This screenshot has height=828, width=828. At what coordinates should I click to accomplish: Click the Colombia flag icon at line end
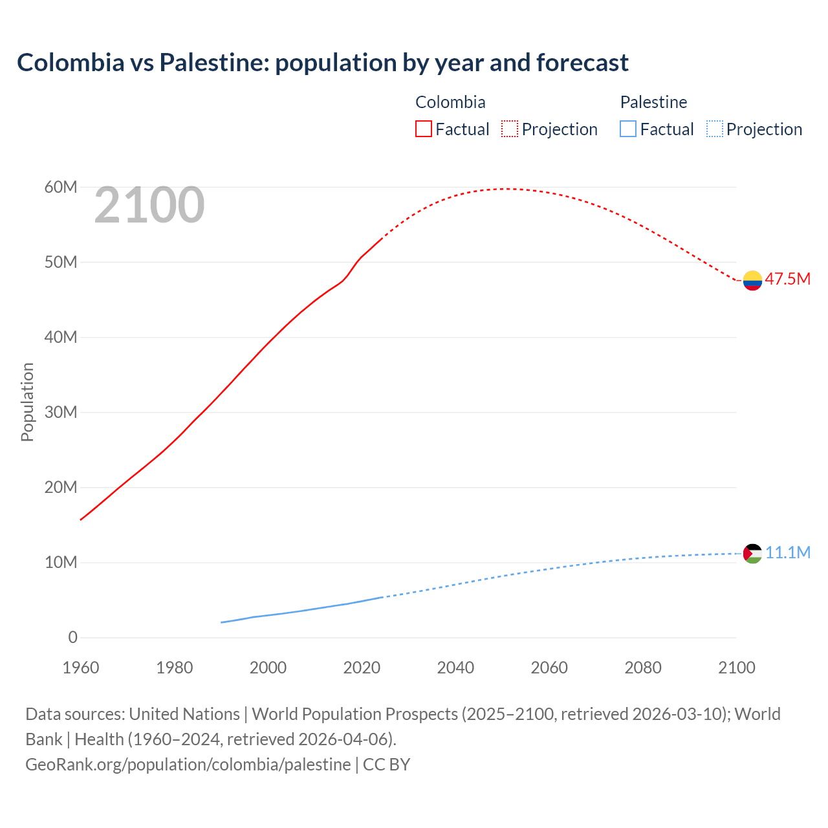[752, 280]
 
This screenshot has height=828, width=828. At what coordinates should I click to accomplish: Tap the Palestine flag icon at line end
[752, 553]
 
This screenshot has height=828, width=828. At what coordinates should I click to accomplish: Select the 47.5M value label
[787, 279]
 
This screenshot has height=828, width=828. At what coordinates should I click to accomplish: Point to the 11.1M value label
[787, 552]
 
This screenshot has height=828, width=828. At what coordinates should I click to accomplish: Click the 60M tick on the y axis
[61, 187]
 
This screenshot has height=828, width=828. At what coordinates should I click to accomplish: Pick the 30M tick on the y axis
[61, 412]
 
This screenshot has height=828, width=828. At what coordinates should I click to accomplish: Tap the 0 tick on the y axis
[72, 637]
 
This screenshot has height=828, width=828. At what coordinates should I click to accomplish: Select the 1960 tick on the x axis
[81, 668]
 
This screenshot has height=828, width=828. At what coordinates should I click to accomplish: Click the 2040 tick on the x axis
[455, 668]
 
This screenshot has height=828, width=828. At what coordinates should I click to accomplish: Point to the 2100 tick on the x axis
[736, 668]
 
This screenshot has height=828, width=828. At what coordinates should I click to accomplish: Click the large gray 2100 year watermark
[149, 205]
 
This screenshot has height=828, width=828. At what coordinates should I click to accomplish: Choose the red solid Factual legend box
[424, 129]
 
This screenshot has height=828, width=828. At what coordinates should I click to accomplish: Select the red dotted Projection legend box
[510, 129]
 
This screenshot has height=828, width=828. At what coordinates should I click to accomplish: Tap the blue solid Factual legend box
[628, 129]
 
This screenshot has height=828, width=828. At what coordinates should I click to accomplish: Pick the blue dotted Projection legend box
[715, 129]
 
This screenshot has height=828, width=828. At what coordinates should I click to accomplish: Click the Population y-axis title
[27, 402]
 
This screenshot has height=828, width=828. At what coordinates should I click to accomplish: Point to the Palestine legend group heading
[653, 102]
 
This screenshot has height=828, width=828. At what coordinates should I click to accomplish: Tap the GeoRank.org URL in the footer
[188, 764]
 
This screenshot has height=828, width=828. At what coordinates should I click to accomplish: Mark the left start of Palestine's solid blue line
[222, 622]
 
